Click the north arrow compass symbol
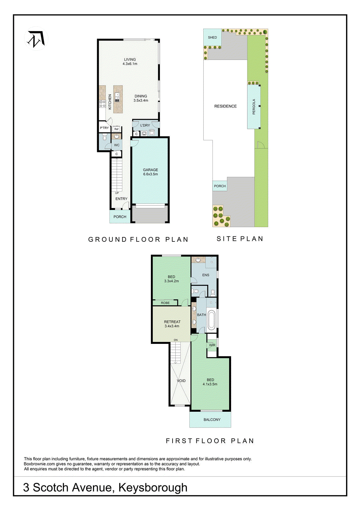tap(36, 39)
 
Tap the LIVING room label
tap(130, 59)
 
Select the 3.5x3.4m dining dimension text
tap(141, 101)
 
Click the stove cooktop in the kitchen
tap(102, 103)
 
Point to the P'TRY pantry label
tap(104, 128)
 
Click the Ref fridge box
tap(116, 129)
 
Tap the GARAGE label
tap(150, 170)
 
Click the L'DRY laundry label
tap(145, 125)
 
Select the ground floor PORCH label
tap(120, 217)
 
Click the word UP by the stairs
tap(117, 193)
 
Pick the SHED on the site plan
tap(212, 38)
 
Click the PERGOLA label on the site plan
tap(254, 107)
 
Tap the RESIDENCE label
tap(225, 106)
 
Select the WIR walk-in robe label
tap(212, 345)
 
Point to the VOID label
tap(181, 381)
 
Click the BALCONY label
tap(212, 420)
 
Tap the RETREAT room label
tap(172, 322)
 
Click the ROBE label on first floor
tap(165, 303)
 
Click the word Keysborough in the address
tap(153, 488)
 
